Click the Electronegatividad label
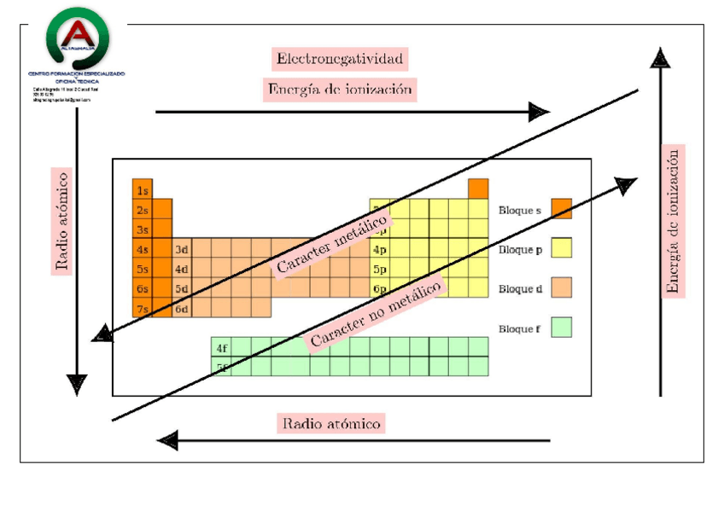pos(339,59)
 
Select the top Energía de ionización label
pos(340,89)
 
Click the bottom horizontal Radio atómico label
pos(332,423)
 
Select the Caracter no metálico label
pos(376,313)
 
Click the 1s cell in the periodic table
pos(142,190)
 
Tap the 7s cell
pos(142,308)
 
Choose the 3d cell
pos(181,249)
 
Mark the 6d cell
pos(181,308)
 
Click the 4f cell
pos(221,347)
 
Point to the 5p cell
pos(379,269)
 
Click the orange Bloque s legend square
pos(561,209)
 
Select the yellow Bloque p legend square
pos(561,248)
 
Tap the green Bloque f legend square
pos(561,328)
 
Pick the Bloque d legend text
pos(520,288)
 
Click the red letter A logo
pos(78,32)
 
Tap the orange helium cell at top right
pos(478,189)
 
